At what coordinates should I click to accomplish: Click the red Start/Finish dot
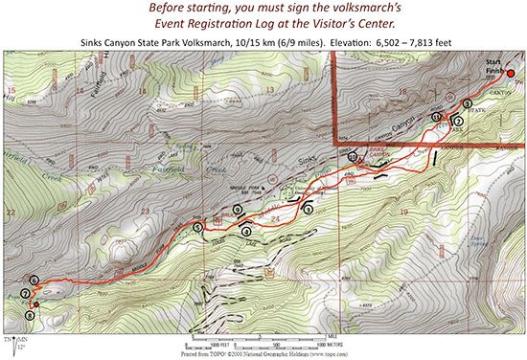click(511, 73)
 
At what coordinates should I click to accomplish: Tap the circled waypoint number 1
click(467, 103)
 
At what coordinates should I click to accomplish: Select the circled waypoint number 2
click(458, 122)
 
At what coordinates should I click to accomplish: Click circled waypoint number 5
click(197, 228)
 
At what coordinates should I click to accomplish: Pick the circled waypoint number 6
click(34, 280)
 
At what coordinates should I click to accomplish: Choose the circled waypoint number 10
click(353, 157)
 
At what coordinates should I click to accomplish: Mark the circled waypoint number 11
click(436, 117)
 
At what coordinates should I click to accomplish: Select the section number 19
click(405, 209)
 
